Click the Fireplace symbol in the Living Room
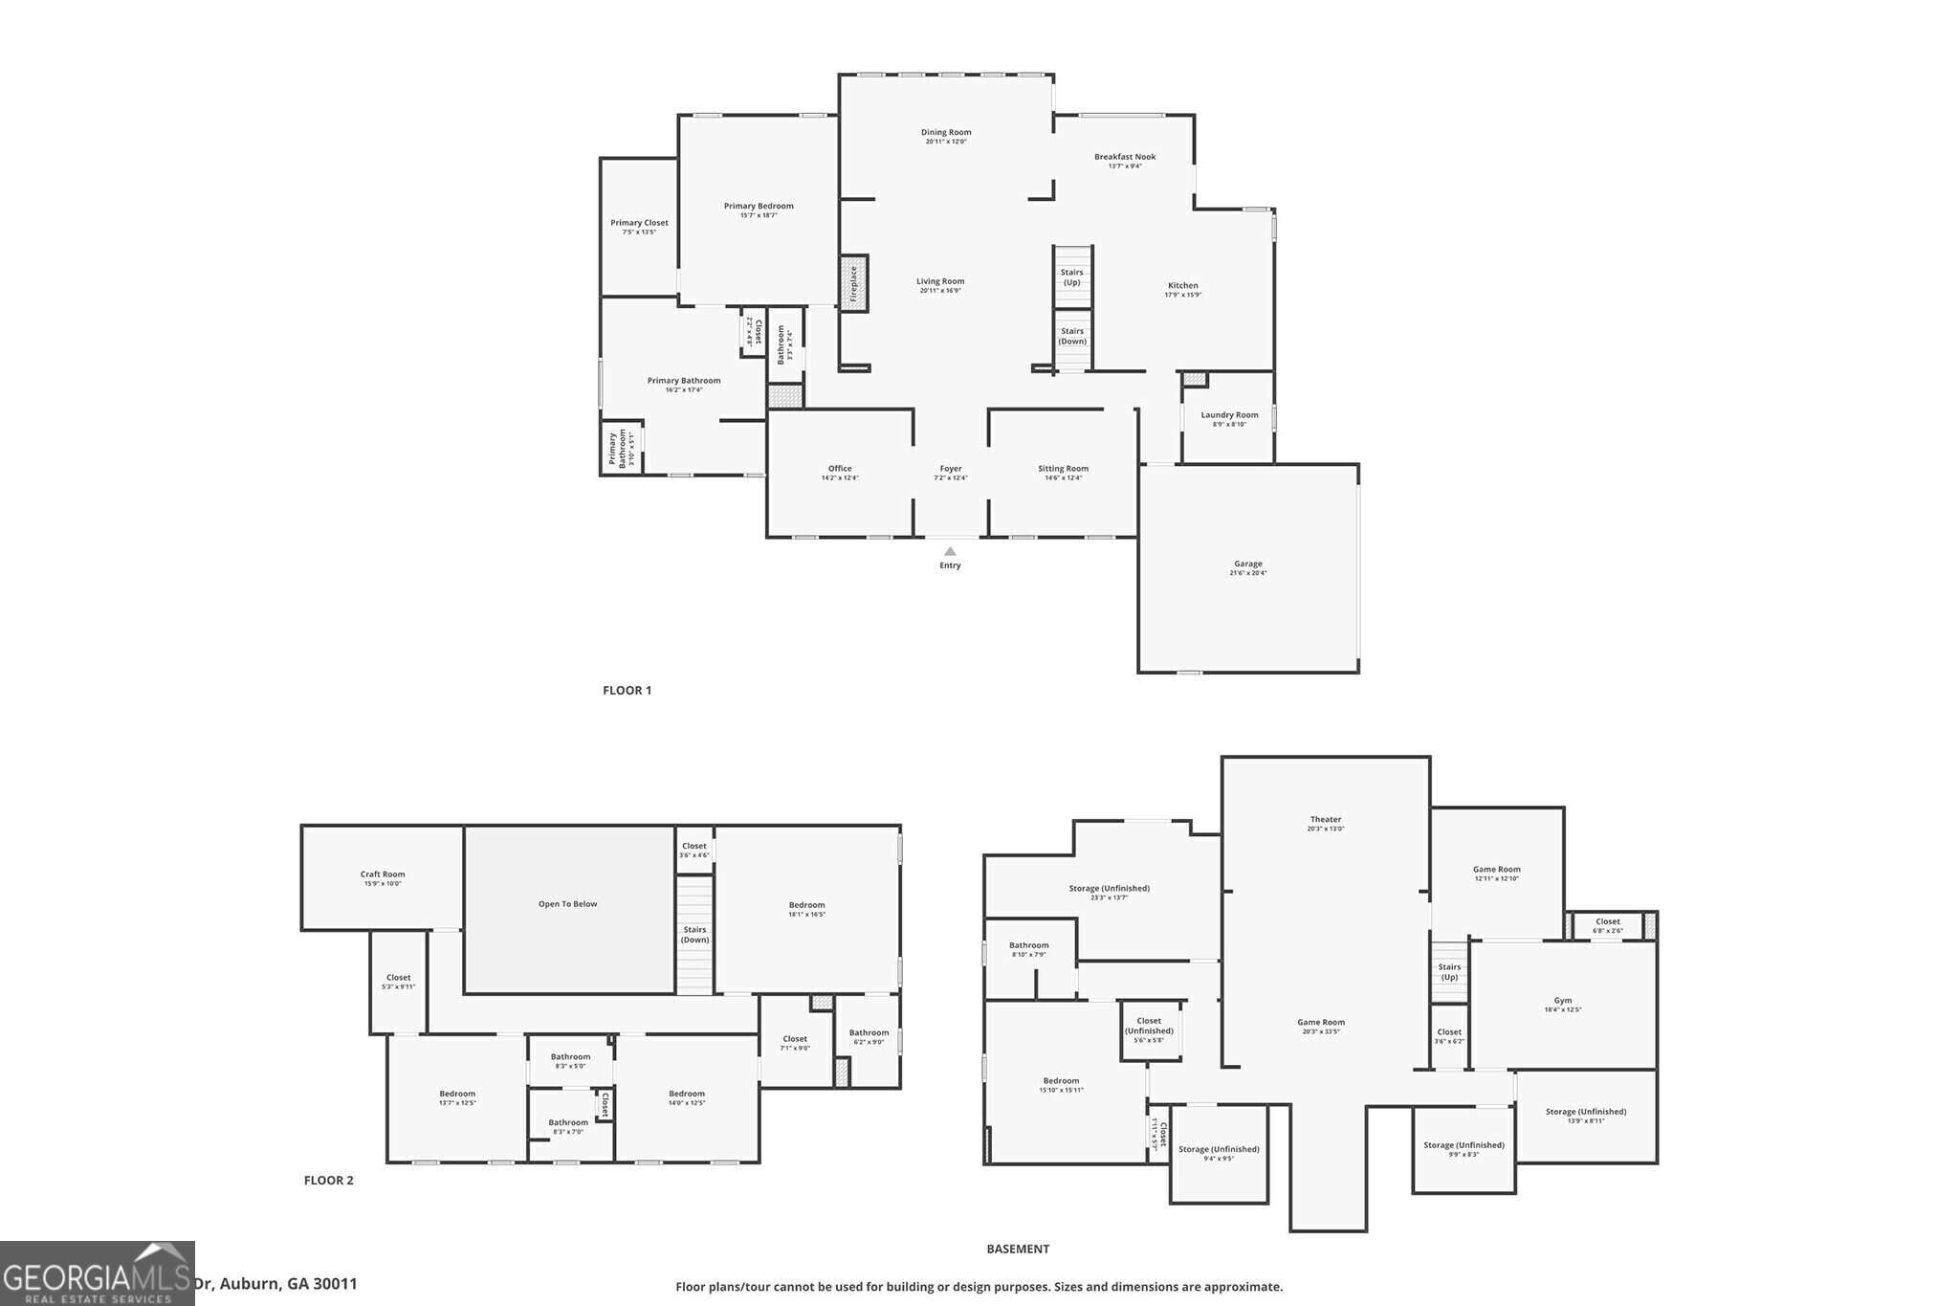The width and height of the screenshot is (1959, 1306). click(x=854, y=283)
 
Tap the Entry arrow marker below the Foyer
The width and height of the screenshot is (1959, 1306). click(x=950, y=552)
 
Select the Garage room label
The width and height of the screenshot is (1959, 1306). click(x=1247, y=564)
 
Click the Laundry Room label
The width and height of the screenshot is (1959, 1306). click(x=1229, y=415)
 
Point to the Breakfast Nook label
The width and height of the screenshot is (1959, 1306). click(x=1125, y=157)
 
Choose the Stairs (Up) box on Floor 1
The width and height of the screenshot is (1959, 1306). click(x=1072, y=277)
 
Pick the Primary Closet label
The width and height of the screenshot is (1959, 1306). click(x=639, y=223)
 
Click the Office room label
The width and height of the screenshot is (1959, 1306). click(x=840, y=469)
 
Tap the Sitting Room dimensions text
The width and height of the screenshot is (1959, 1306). click(x=1063, y=478)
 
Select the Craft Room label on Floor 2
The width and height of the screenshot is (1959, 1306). click(x=383, y=874)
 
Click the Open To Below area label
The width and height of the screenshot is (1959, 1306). click(x=567, y=904)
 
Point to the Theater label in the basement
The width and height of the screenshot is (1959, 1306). click(x=1325, y=820)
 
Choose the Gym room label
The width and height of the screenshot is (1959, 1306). click(x=1562, y=1001)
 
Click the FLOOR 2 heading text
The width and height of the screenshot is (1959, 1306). click(x=328, y=1181)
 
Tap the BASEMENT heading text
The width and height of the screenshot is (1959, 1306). click(x=1018, y=1250)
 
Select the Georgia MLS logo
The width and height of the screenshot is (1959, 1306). click(x=97, y=1273)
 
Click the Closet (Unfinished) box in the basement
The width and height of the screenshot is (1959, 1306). click(x=1150, y=1030)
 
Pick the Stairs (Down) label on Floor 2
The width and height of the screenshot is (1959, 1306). click(x=694, y=935)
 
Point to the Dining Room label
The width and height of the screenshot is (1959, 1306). click(x=946, y=133)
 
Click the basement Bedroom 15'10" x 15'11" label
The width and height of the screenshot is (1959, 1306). click(x=1061, y=1081)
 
